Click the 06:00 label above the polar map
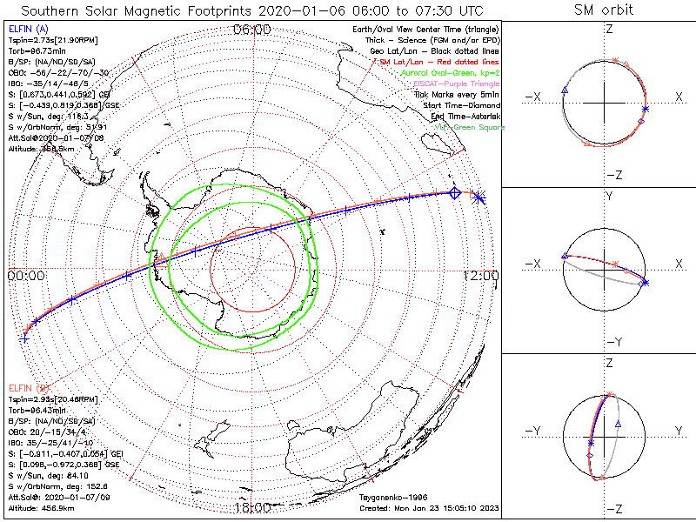pyautogui.click(x=252, y=30)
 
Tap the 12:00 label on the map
pyautogui.click(x=482, y=275)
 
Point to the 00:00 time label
pyautogui.click(x=26, y=275)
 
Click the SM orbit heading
pyautogui.click(x=604, y=10)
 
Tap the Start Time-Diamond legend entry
pyautogui.click(x=461, y=105)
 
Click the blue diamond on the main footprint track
pyautogui.click(x=454, y=193)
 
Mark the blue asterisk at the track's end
pyautogui.click(x=479, y=198)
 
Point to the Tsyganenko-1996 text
pyautogui.click(x=390, y=497)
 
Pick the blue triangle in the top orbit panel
pyautogui.click(x=565, y=90)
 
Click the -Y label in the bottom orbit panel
pyautogui.click(x=531, y=431)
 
